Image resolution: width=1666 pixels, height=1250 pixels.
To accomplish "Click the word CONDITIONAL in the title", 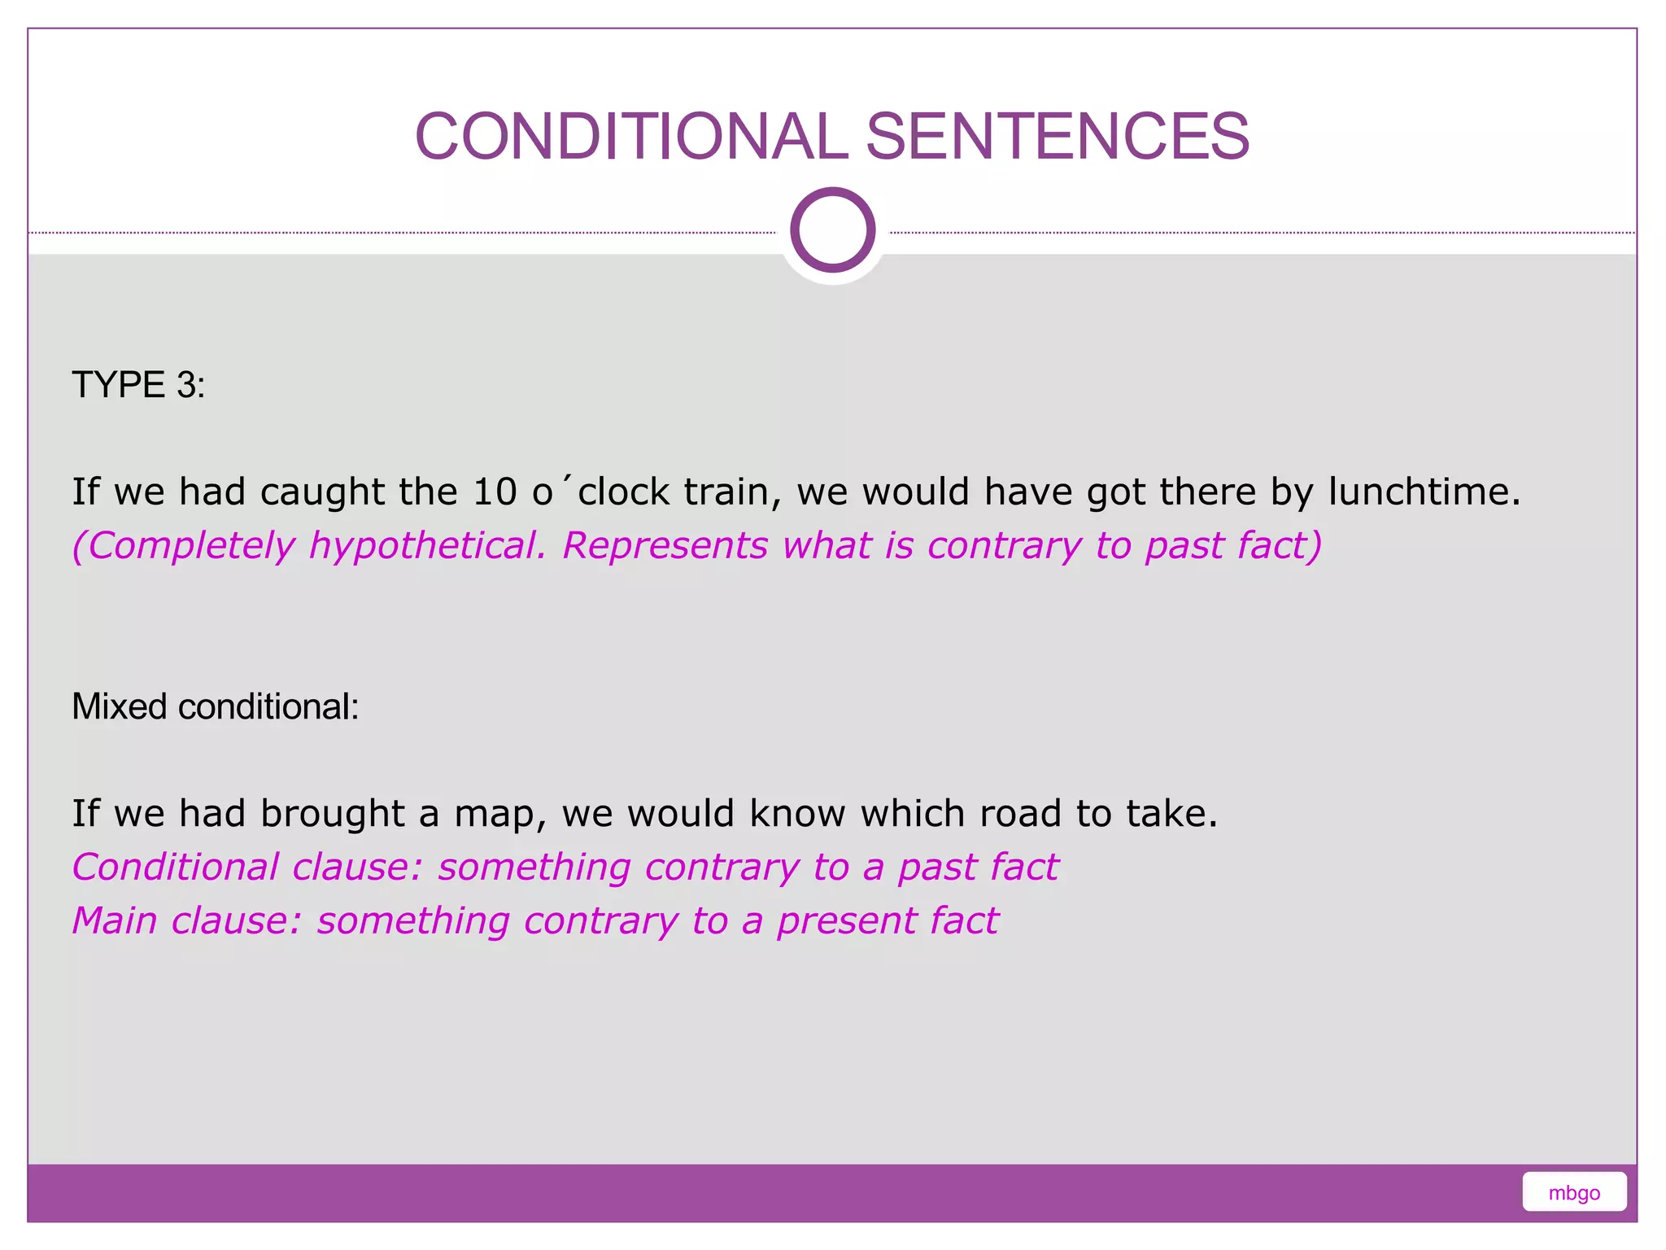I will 631,136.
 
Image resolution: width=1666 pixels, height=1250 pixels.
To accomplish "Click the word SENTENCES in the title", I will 1057,136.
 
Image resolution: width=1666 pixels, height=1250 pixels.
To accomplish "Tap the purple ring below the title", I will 832,230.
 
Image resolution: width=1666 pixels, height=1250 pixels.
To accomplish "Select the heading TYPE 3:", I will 138,384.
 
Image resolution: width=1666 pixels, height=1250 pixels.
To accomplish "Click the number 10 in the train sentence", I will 495,492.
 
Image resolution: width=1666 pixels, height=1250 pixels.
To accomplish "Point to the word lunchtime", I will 1424,492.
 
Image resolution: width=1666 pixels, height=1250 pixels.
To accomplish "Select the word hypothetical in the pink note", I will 427,545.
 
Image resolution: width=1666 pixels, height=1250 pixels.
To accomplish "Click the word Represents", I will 665,545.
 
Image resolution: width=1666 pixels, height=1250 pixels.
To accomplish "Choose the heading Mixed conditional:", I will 215,706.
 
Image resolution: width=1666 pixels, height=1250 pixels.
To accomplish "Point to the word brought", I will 332,813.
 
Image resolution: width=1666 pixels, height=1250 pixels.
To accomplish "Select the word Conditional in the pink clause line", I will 175,867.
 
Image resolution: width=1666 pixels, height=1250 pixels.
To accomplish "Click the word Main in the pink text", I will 114,920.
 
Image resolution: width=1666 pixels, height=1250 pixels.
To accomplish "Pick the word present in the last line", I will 846,922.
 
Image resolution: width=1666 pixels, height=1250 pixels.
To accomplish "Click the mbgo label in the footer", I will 1573,1193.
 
